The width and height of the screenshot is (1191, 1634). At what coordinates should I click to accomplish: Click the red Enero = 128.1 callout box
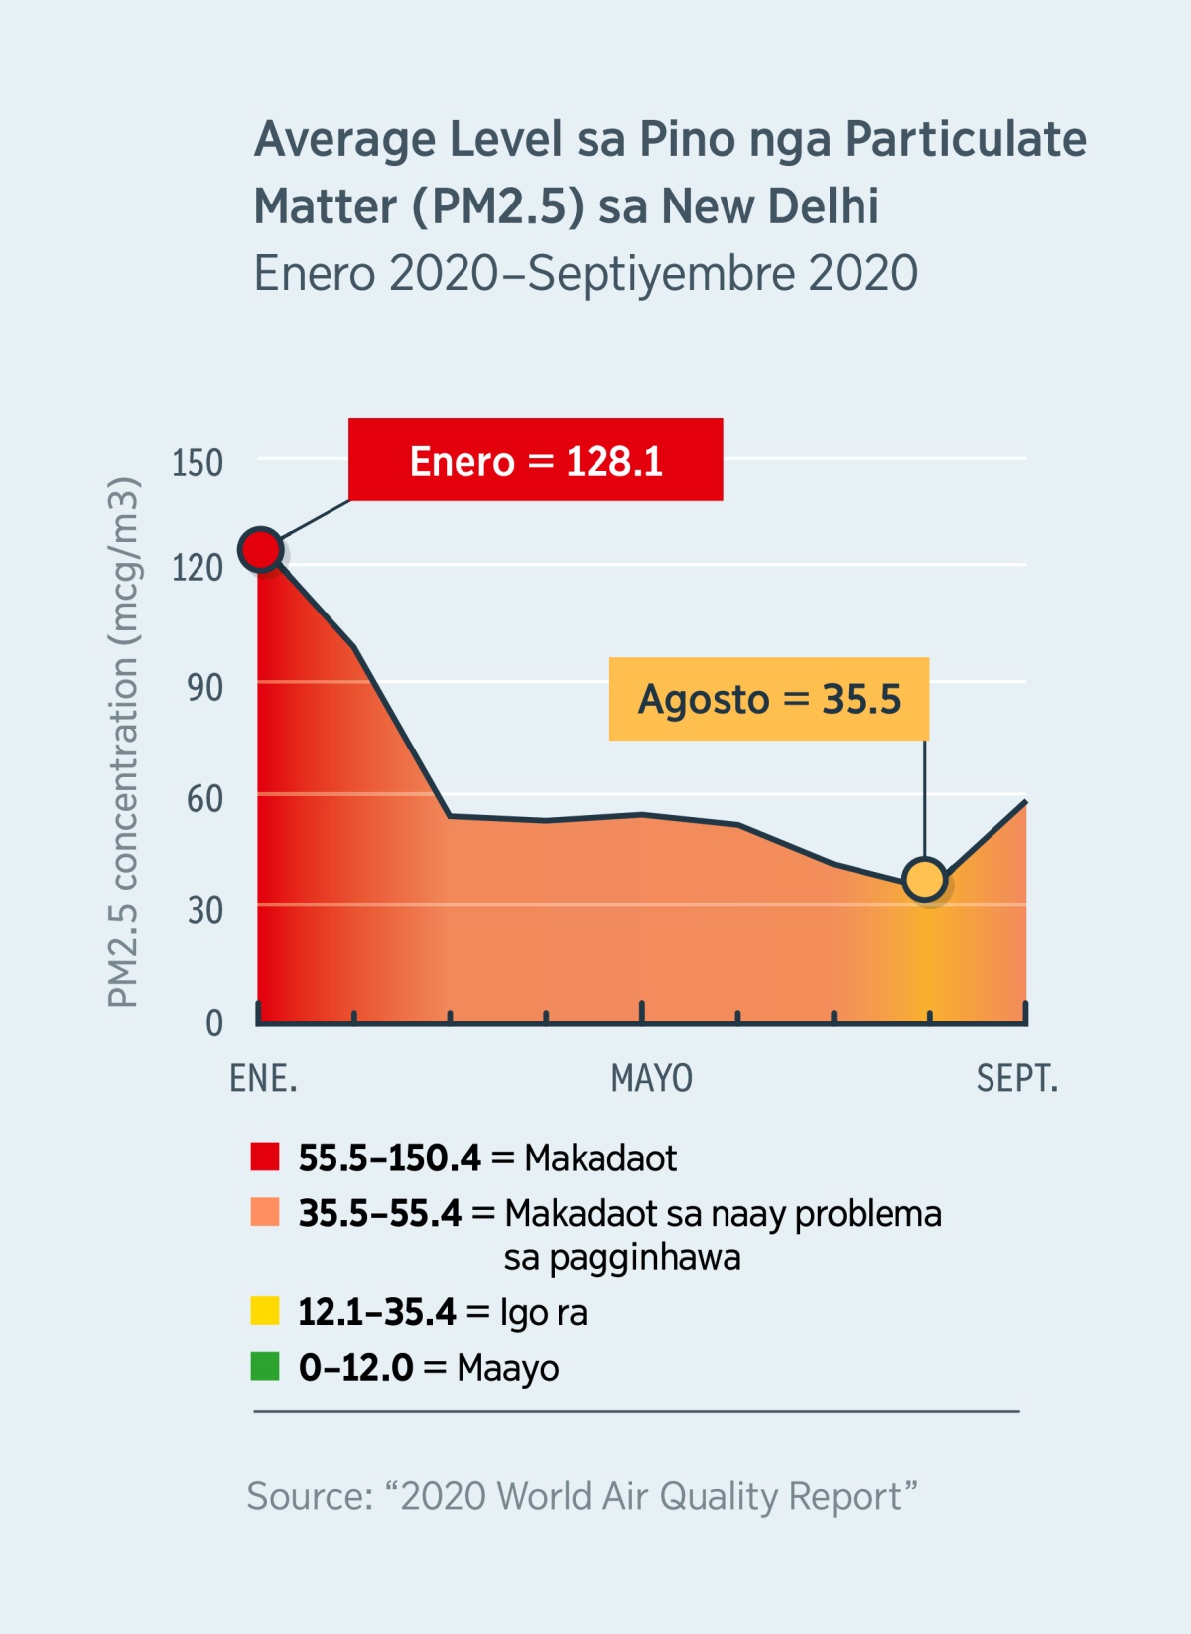click(x=535, y=460)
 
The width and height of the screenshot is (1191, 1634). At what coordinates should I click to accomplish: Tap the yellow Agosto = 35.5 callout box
click(x=768, y=699)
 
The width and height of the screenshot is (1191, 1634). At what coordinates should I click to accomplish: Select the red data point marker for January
click(x=261, y=549)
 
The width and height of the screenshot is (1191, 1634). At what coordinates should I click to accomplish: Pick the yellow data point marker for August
click(x=925, y=880)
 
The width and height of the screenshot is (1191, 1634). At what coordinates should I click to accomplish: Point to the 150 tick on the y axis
click(x=198, y=463)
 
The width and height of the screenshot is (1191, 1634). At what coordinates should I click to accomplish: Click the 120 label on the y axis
click(x=198, y=568)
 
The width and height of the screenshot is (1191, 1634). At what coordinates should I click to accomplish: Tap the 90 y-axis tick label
click(x=204, y=687)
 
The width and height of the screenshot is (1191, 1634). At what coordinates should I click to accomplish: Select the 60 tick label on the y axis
click(x=204, y=798)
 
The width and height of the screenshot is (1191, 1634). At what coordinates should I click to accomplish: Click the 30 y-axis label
click(x=204, y=910)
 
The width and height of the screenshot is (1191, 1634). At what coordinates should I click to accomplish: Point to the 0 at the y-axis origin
click(x=213, y=1022)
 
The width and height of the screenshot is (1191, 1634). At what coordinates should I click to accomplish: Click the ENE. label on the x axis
click(x=263, y=1078)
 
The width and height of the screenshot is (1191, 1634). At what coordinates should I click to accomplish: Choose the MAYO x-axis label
click(x=651, y=1078)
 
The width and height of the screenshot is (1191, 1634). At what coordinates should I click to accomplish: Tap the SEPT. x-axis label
click(x=1016, y=1078)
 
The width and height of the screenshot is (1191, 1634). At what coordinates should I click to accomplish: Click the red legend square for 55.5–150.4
click(x=265, y=1157)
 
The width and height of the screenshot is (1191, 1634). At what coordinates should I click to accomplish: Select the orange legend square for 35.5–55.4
click(x=265, y=1212)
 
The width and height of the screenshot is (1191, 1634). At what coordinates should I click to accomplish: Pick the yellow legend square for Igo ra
click(x=265, y=1311)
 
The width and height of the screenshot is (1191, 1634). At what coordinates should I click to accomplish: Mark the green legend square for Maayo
click(x=265, y=1367)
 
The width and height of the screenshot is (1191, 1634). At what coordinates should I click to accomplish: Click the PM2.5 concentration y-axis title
click(x=123, y=743)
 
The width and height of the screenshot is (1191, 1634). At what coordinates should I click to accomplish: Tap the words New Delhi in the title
click(x=769, y=206)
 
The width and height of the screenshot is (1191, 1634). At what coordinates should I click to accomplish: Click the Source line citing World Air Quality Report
click(x=582, y=1495)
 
